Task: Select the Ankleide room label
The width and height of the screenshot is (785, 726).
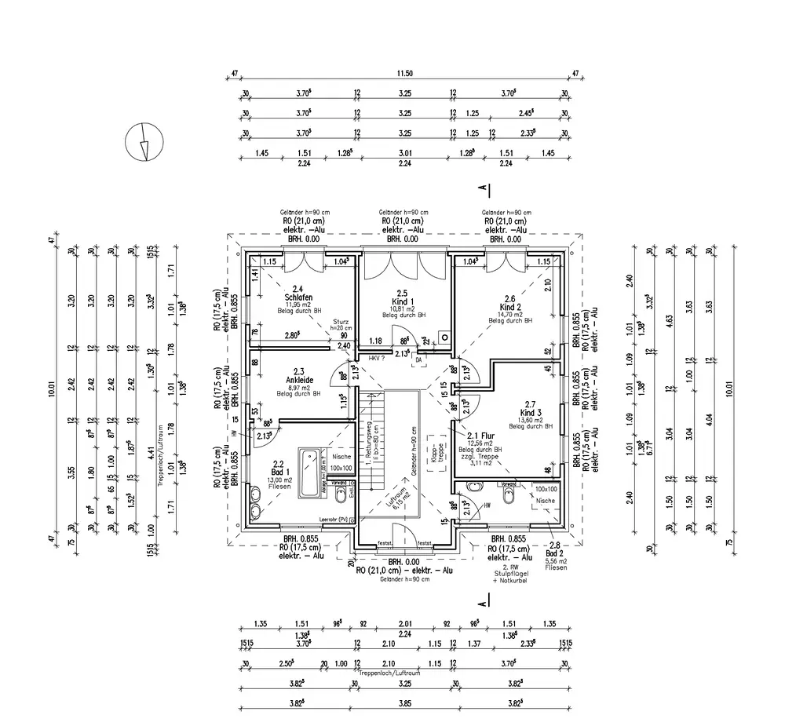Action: click(x=298, y=380)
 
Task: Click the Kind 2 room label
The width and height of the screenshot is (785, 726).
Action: click(x=510, y=307)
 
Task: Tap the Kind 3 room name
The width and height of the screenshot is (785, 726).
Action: click(x=531, y=412)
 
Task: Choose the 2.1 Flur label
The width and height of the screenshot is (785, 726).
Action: click(x=479, y=436)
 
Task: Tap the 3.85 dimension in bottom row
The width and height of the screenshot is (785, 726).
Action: click(x=405, y=703)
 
